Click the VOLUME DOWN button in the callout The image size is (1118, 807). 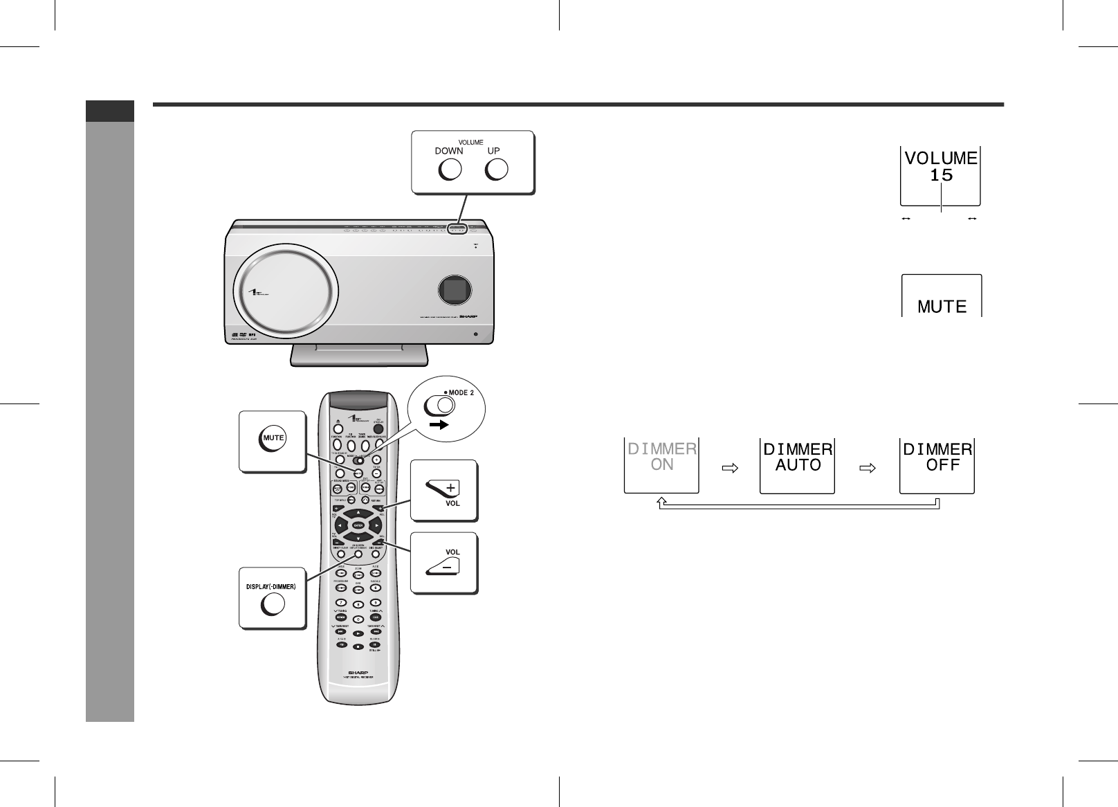click(450, 170)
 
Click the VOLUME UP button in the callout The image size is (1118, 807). click(496, 170)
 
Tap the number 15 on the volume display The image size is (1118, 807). click(941, 176)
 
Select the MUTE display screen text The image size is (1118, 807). click(942, 306)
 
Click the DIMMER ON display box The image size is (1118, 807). click(662, 464)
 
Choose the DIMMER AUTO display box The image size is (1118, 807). click(798, 464)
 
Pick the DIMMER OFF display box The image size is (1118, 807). click(937, 464)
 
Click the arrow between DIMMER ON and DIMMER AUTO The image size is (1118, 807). click(729, 468)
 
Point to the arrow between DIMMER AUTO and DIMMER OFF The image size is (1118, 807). click(866, 468)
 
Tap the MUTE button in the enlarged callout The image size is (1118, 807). click(273, 438)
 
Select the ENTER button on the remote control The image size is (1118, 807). click(358, 526)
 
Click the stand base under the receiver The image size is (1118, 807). click(359, 355)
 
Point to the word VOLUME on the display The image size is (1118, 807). click(941, 158)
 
